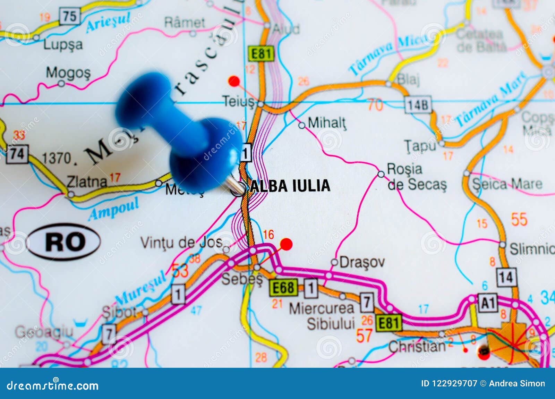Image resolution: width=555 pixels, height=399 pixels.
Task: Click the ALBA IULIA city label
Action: tap(290, 186)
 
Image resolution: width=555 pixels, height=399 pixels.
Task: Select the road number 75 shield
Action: tap(69, 16)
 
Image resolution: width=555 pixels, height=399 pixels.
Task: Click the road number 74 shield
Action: tap(17, 154)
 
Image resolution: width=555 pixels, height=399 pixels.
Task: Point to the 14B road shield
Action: tap(418, 105)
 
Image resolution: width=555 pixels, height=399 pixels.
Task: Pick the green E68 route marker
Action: tap(284, 288)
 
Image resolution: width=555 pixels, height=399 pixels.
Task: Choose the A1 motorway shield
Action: tap(487, 303)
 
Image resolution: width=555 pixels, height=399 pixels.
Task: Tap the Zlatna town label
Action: tap(87, 181)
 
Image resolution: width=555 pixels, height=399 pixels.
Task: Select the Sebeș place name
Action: tap(242, 279)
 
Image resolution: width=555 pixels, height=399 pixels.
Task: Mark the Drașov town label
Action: tap(362, 262)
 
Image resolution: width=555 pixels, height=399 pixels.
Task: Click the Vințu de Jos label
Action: tap(181, 243)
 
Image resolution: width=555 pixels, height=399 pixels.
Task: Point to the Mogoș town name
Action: tap(68, 73)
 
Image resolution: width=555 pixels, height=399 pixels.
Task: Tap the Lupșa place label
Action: tap(63, 45)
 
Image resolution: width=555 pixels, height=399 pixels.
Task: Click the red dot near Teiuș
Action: tap(234, 82)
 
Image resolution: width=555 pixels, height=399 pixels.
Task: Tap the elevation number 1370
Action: tap(56, 158)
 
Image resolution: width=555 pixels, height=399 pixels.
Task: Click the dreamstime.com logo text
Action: tap(53, 385)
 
